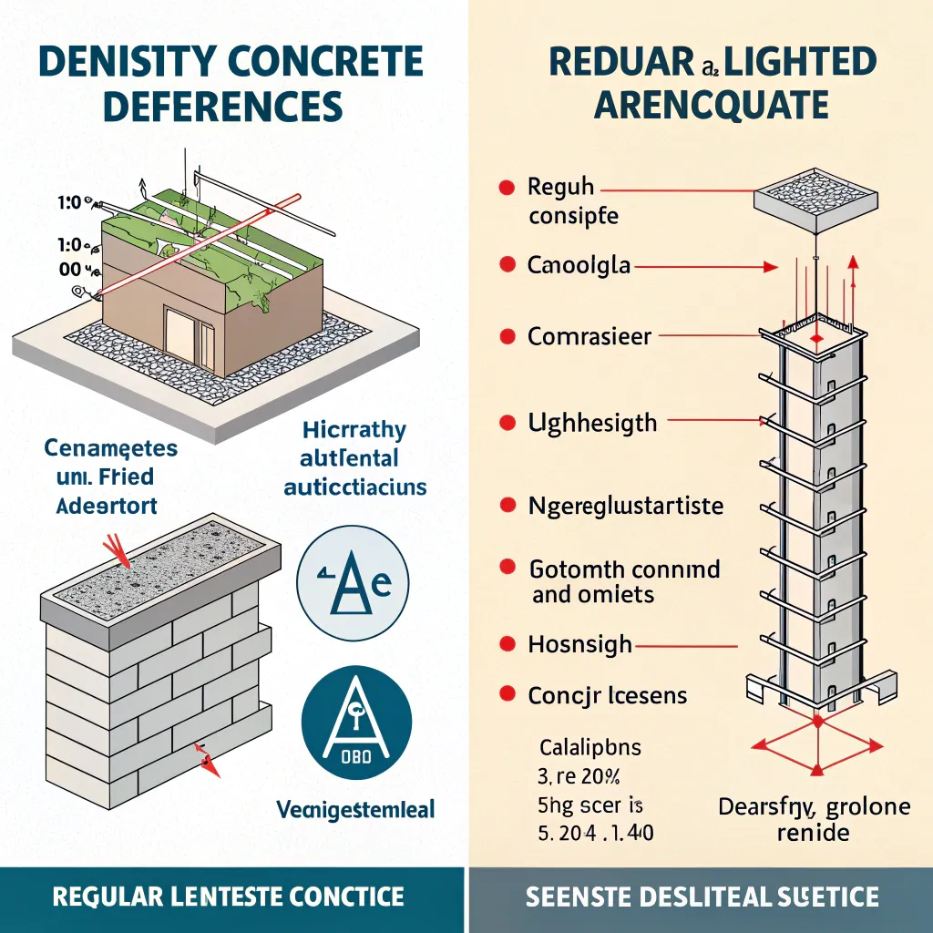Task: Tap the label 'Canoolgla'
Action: [579, 266]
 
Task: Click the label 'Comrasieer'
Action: [590, 336]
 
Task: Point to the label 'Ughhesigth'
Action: [591, 423]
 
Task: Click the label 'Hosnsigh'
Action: [579, 644]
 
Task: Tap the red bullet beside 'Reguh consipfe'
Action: [502, 190]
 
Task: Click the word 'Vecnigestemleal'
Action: [355, 808]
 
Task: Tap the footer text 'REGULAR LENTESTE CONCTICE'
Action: [228, 897]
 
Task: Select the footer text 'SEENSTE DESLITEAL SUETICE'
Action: [702, 897]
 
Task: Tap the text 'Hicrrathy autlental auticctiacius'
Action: [354, 458]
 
